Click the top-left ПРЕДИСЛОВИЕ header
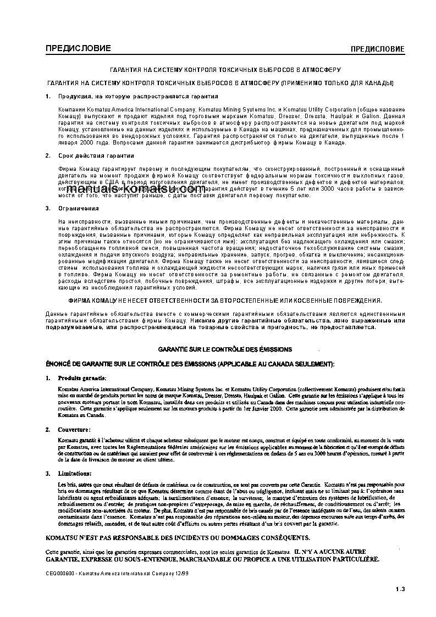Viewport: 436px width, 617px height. [78, 49]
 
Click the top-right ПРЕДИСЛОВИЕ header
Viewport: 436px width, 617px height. [378, 49]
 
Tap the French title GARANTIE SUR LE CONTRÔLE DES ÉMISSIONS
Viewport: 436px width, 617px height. [225, 349]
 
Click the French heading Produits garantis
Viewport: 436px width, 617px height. [82, 379]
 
